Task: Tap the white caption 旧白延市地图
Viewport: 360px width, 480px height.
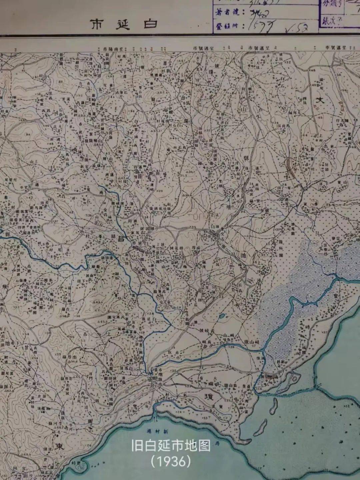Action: click(x=171, y=446)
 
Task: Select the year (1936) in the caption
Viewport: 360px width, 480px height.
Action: click(x=171, y=462)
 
